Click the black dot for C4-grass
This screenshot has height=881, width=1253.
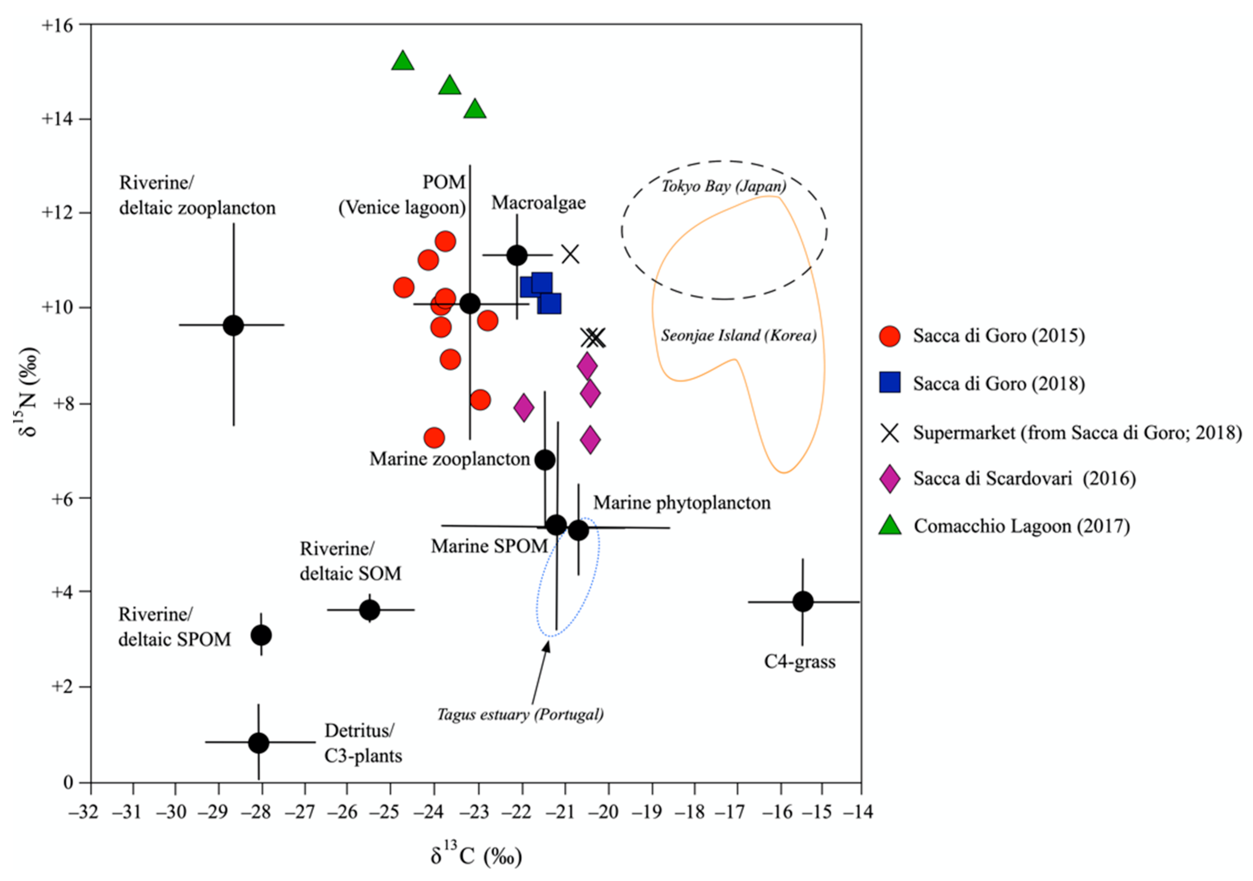point(802,602)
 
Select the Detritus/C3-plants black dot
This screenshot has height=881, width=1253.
point(259,742)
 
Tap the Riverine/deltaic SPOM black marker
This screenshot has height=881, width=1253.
point(261,635)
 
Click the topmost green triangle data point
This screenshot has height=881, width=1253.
point(403,61)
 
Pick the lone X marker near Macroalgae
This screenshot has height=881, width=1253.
point(570,254)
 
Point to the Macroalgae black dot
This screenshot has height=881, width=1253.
point(517,255)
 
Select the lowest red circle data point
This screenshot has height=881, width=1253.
point(434,437)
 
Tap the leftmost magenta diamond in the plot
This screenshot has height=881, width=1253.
point(524,407)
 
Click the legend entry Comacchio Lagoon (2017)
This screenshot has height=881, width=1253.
point(1021,526)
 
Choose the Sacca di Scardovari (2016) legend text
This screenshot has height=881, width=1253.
point(1024,478)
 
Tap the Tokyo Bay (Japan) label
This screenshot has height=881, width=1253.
point(724,186)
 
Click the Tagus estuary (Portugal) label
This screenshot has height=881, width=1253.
point(520,714)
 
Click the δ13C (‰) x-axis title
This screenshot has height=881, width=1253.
point(476,855)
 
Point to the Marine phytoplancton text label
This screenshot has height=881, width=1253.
point(682,502)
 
